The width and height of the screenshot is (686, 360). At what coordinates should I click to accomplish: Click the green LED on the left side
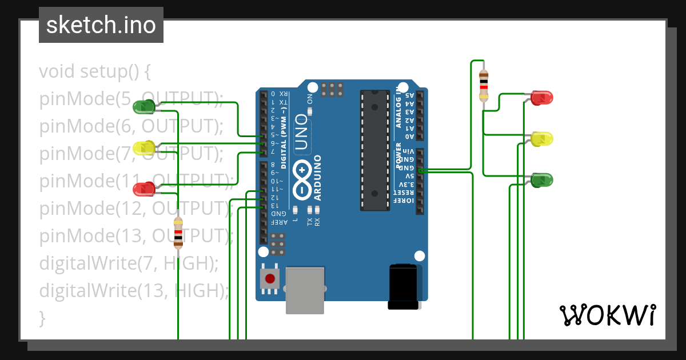coord(144,106)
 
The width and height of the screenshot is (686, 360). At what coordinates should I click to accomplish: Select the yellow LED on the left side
coord(144,148)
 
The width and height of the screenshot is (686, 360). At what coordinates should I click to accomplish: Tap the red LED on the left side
coord(144,189)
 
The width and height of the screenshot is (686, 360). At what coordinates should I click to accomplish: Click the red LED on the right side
coord(541,98)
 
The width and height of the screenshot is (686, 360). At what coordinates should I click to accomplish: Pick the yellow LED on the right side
coord(541,139)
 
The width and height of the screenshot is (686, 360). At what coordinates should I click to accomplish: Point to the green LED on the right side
coord(541,181)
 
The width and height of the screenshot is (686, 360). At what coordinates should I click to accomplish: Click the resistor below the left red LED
coord(178,233)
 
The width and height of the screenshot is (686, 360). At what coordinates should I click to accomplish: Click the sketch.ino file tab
coord(101,25)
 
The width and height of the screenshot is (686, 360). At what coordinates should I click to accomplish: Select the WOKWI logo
coord(607,315)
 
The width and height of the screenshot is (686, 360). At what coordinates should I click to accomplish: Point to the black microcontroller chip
coord(374,150)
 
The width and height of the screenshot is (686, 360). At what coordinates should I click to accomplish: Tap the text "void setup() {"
coord(95,72)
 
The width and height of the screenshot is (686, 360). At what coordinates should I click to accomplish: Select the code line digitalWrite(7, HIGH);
coord(129,263)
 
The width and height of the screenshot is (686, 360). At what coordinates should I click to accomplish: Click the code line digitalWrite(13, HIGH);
coord(134,291)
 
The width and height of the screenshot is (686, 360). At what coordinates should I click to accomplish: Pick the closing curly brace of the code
coord(42,318)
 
